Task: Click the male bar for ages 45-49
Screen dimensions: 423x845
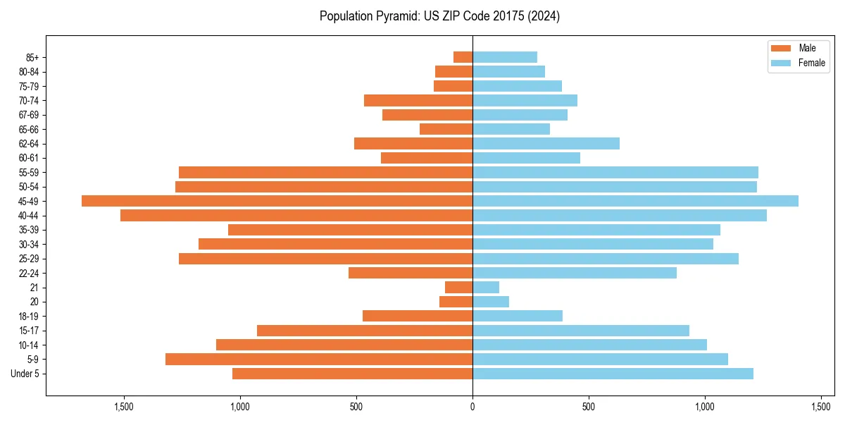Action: (277, 201)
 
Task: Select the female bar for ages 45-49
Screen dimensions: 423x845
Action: (635, 201)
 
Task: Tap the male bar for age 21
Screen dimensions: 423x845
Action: (458, 288)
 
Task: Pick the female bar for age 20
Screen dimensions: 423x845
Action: (491, 302)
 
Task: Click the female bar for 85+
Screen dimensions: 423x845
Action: (505, 57)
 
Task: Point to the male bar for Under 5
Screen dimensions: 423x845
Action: (352, 374)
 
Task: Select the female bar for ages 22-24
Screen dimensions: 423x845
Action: (575, 273)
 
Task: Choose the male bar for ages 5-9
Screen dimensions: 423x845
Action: (319, 360)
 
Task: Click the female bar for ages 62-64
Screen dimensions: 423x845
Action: (546, 144)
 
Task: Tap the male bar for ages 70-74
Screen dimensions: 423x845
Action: (418, 100)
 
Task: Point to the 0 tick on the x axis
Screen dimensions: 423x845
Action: (472, 407)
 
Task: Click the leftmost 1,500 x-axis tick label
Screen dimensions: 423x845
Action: (124, 407)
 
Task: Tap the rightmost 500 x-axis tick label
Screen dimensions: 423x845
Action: (589, 407)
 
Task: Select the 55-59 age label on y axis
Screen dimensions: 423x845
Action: (29, 173)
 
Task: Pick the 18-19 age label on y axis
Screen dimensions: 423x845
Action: (29, 317)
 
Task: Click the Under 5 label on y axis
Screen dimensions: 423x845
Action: (25, 374)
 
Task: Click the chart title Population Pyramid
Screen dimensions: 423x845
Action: (439, 16)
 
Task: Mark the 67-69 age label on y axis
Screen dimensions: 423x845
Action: (29, 115)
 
